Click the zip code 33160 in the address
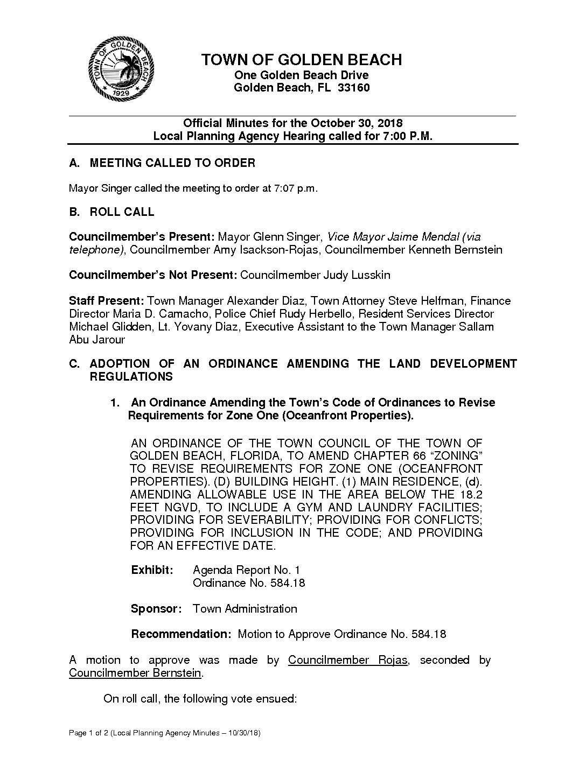tap(353, 88)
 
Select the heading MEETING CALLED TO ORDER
tap(172, 163)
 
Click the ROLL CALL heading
tap(122, 212)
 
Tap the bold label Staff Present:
tap(107, 301)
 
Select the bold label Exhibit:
tap(152, 570)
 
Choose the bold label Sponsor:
tap(156, 609)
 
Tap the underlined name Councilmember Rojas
tap(347, 660)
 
